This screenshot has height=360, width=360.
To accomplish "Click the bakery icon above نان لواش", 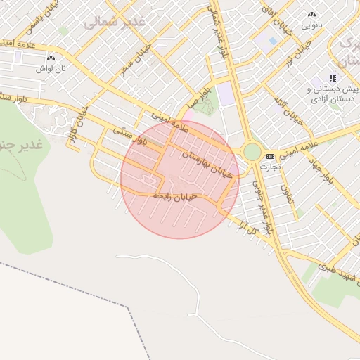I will pos(50,58).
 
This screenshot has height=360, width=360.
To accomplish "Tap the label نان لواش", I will pos(51,70).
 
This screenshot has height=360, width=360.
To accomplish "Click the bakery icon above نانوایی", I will pos(311,14).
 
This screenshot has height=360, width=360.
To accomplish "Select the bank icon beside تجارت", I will pos(270,156).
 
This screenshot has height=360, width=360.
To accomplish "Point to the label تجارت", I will pos(269,167).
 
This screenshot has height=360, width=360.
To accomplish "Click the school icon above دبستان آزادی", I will pos(333,78).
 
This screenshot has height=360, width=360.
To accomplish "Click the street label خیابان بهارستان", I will pos(206,164).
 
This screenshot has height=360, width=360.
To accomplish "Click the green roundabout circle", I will pos(252,152).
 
